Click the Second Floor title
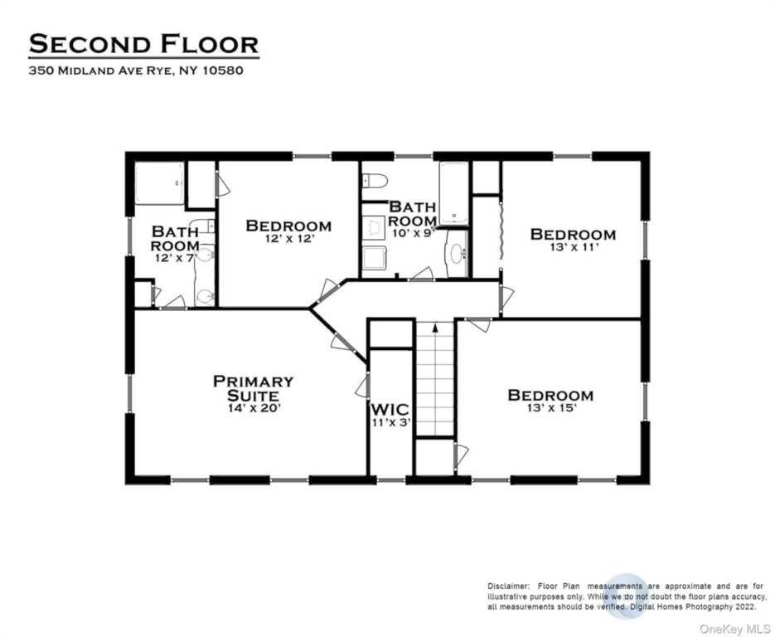click(143, 43)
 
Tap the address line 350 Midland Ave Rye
click(136, 71)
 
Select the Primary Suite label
click(253, 388)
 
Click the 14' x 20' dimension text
click(253, 407)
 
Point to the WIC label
click(390, 409)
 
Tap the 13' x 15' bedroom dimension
click(550, 408)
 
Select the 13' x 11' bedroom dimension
click(573, 247)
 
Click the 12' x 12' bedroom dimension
click(288, 238)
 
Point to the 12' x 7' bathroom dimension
click(174, 259)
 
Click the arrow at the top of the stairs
click(434, 330)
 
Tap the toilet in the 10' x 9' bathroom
click(375, 180)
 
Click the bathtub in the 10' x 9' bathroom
click(453, 193)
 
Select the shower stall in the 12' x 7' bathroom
click(158, 183)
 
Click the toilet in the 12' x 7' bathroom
click(205, 295)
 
